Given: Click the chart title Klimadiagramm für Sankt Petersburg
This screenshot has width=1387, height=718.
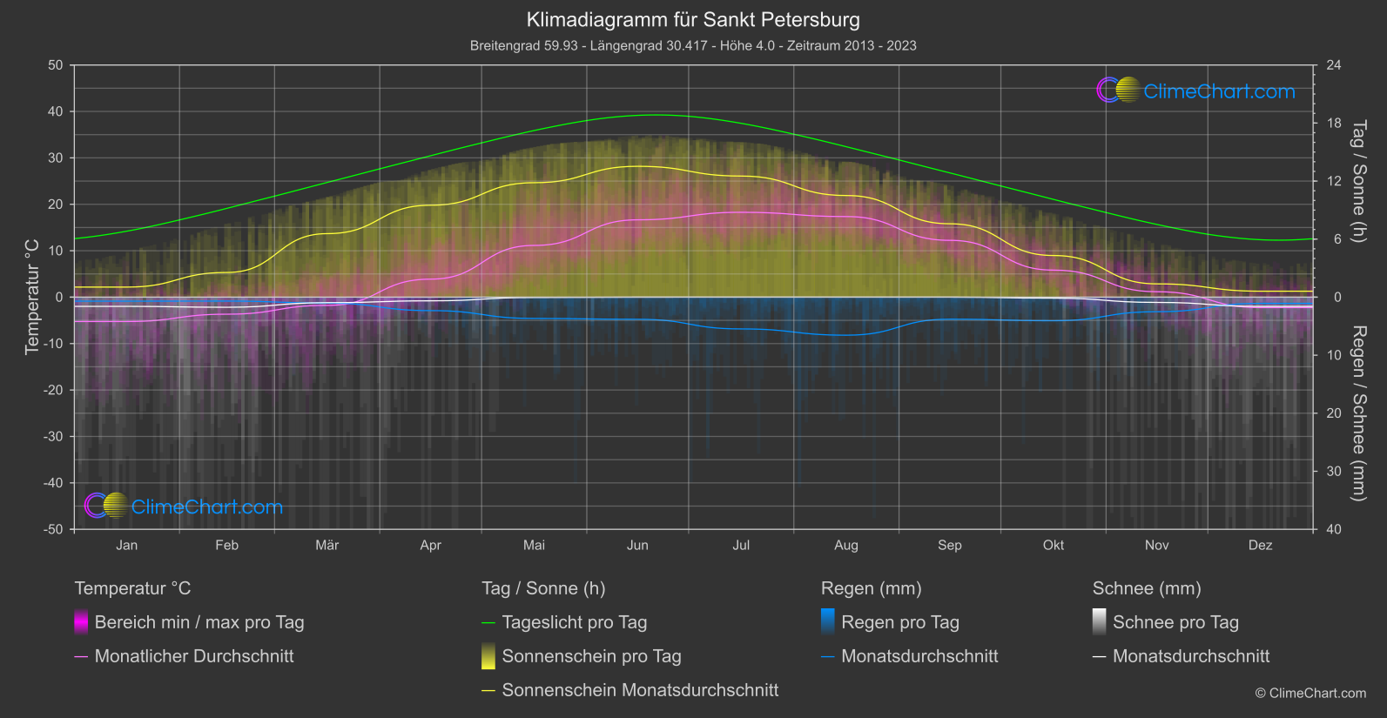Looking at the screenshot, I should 693,20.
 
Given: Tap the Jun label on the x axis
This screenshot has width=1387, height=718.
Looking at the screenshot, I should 637,546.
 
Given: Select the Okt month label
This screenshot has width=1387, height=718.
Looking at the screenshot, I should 1054,546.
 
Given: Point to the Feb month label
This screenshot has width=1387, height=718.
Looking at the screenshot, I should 226,546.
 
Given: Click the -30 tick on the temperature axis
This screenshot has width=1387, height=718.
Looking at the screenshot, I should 54,437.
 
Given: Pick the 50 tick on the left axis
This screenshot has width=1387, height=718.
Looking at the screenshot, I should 56,65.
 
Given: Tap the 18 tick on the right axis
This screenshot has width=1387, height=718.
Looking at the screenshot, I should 1334,124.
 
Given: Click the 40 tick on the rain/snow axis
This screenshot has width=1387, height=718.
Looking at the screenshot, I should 1334,529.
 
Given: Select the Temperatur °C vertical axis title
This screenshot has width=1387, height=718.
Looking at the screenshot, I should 32,297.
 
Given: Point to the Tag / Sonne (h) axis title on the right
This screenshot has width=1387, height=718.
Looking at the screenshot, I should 1357,181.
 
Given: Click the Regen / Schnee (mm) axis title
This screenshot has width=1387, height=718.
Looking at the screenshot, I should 1357,413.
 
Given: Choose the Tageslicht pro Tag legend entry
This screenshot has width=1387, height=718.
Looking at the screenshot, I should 575,622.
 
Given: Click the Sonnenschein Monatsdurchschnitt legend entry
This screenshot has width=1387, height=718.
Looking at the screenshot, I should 640,690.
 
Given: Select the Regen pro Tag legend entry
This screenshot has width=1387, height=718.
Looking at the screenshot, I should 900,622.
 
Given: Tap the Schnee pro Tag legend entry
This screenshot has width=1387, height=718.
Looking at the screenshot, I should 1175,622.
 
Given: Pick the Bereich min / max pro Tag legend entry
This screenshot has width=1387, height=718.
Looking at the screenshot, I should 199,622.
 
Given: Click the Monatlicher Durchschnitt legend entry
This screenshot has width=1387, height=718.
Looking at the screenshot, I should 194,656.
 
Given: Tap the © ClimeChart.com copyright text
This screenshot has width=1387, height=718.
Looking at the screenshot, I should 1310,694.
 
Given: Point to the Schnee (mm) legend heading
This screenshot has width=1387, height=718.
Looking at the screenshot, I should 1147,588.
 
